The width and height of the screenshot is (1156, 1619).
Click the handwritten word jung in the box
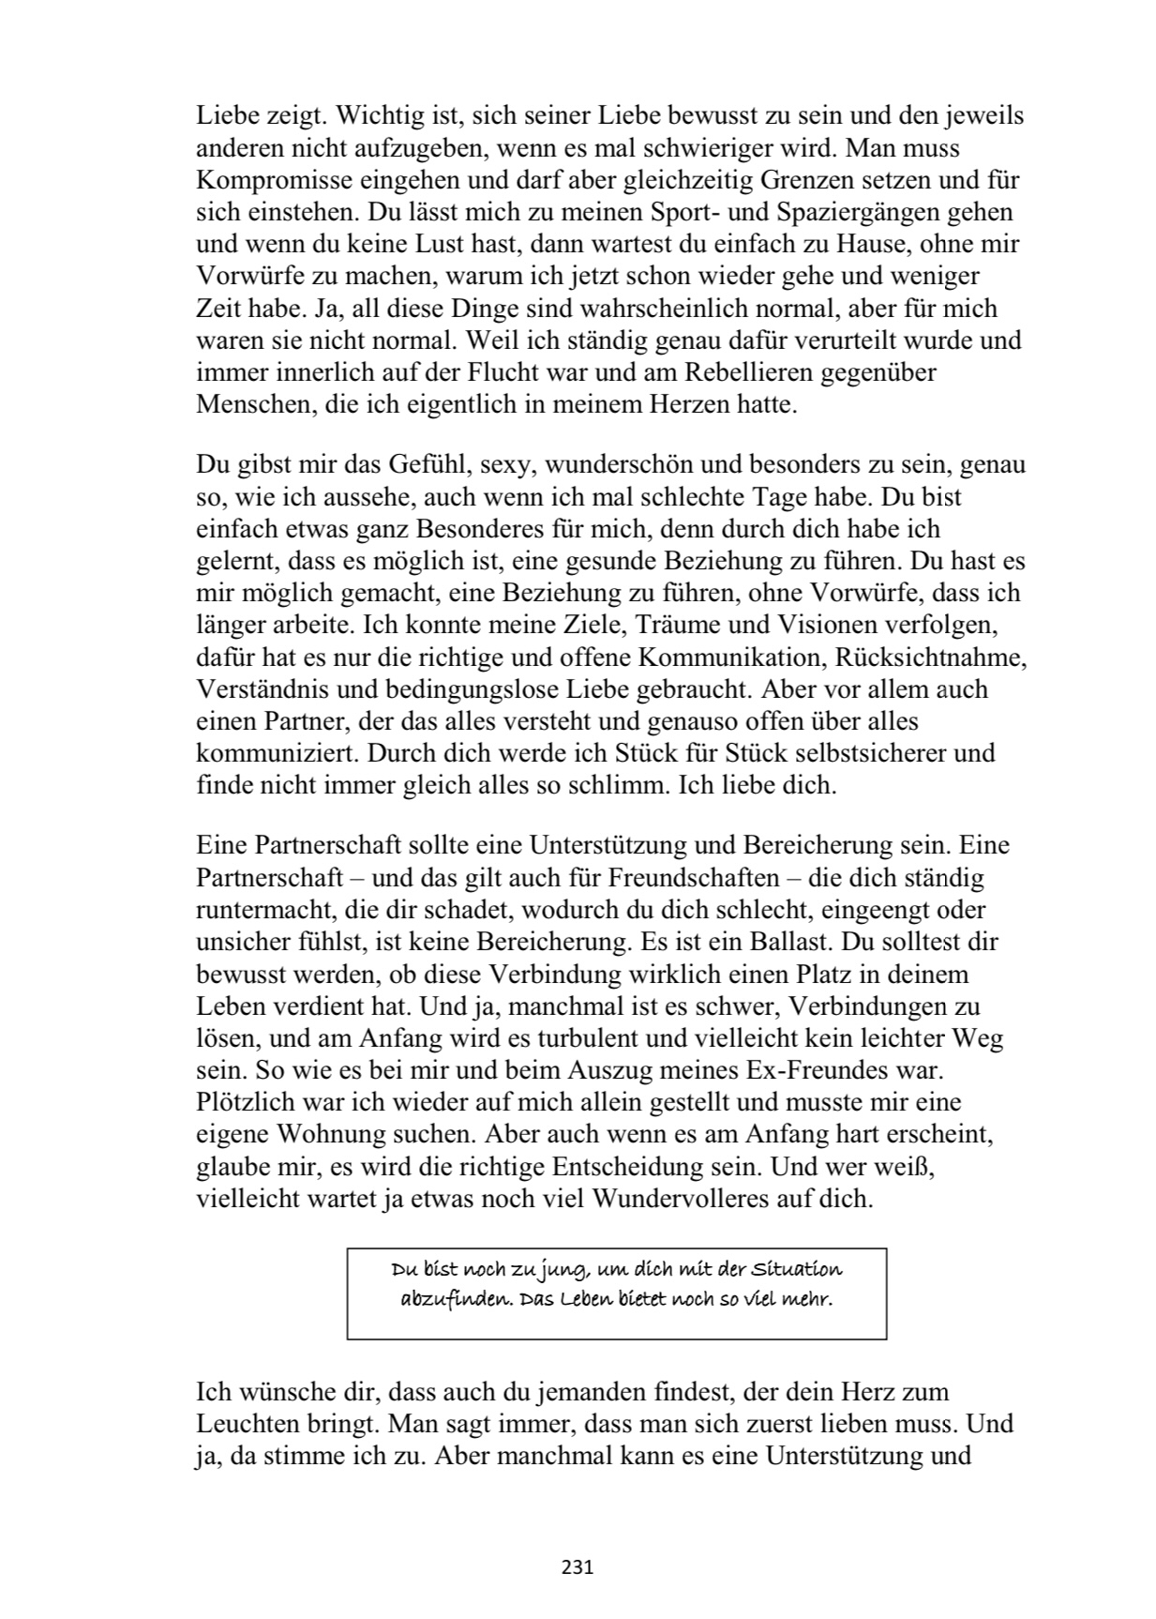tap(561, 1271)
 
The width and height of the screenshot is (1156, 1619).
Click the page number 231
tap(578, 1566)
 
